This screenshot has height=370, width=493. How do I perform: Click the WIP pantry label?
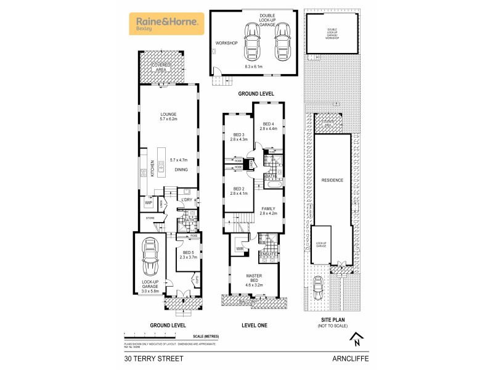tap(149, 202)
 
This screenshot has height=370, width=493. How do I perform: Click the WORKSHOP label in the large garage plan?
tap(222, 43)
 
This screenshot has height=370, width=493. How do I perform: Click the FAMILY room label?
tap(269, 208)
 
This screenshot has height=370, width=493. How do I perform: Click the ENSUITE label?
tap(267, 253)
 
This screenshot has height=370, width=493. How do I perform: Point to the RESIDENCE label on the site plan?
tap(332, 180)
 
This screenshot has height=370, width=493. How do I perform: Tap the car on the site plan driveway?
tap(319, 286)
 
